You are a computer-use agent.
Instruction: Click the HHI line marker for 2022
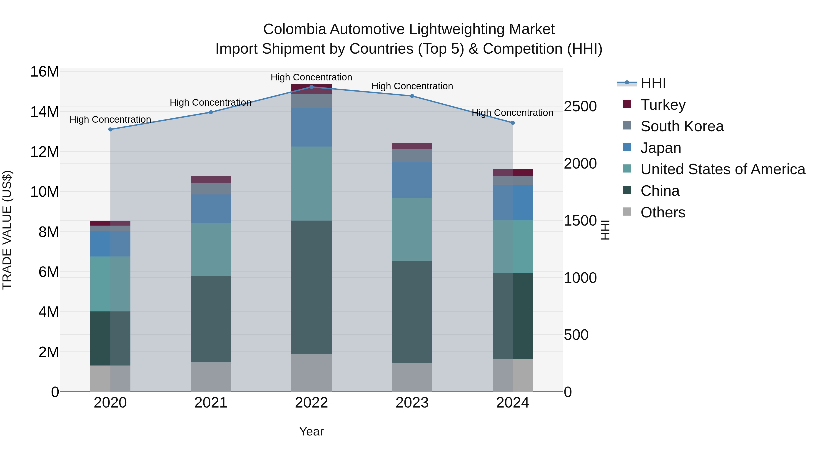coord(311,87)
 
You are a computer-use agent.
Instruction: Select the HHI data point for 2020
coord(110,129)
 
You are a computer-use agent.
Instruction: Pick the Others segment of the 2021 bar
coord(211,377)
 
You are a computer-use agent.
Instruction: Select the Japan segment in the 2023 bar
coord(412,180)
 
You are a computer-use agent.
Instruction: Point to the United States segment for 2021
coord(211,249)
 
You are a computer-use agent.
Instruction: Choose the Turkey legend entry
coord(663,104)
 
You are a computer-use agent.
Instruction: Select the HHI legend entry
coord(653,83)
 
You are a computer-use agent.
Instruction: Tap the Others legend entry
coord(663,212)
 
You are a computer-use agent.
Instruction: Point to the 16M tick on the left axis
coord(45,72)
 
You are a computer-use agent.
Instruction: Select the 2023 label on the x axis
coord(412,403)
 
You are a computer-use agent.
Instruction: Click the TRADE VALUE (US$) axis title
coord(7,230)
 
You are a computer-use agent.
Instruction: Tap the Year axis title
coord(311,431)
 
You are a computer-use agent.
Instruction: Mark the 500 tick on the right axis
coord(576,335)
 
